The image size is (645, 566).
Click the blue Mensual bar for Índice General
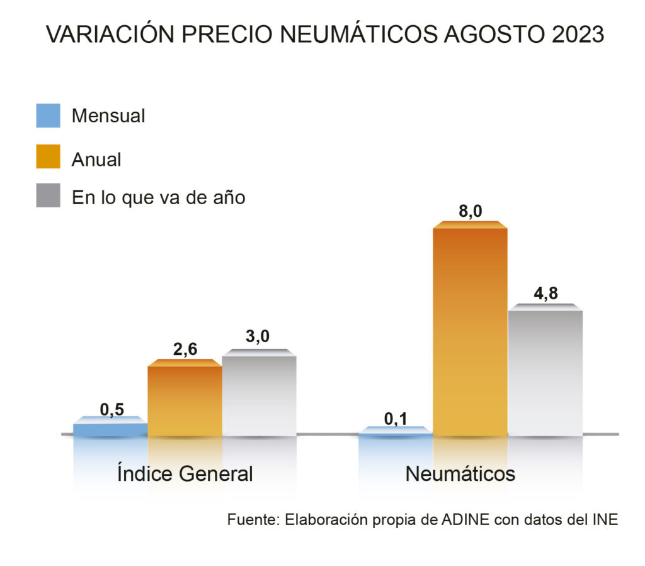tap(110, 429)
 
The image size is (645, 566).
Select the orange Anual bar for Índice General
tap(185, 400)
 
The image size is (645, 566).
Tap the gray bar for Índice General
tap(259, 395)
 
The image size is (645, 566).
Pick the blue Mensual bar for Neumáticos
tap(396, 433)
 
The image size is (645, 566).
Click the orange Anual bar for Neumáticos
tap(470, 331)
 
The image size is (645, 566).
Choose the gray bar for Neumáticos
tap(545, 372)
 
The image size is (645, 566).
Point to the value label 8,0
tap(471, 211)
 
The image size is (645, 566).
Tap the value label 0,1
tap(396, 418)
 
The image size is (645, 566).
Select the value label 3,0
tap(258, 337)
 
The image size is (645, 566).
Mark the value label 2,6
tap(185, 349)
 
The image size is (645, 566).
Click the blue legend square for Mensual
tap(48, 116)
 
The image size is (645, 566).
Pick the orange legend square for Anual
tap(48, 157)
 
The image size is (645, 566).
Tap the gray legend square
tap(48, 196)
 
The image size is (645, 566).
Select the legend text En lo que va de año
tap(158, 197)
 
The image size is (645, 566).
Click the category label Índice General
tap(185, 473)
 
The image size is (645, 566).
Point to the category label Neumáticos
tap(460, 473)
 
